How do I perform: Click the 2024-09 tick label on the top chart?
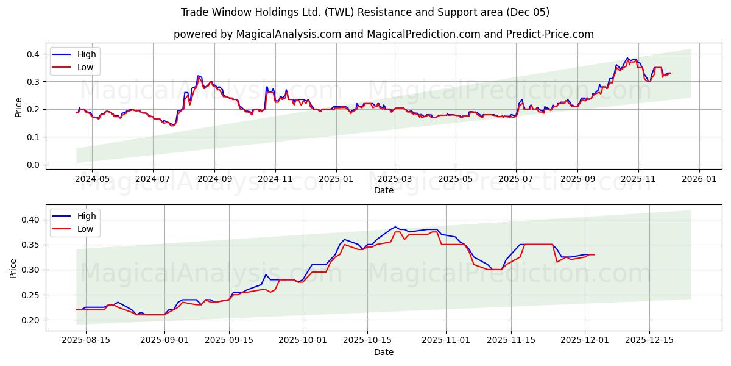click(x=214, y=179)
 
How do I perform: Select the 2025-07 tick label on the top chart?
click(x=516, y=179)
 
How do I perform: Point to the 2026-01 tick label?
click(x=698, y=179)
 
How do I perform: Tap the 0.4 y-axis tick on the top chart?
click(x=33, y=54)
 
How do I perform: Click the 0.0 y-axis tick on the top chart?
click(x=33, y=165)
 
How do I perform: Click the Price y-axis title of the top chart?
click(x=19, y=107)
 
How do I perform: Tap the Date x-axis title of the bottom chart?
click(x=384, y=352)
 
